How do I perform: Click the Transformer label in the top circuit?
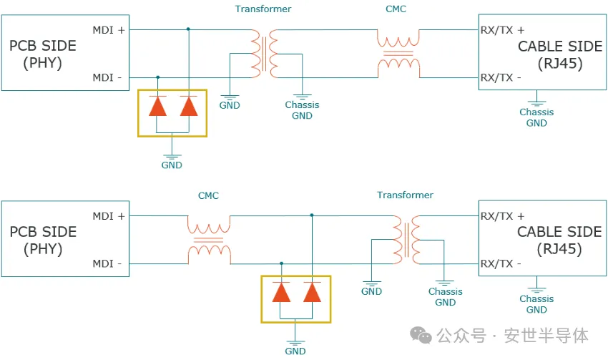point(263,9)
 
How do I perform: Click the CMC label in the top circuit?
point(398,9)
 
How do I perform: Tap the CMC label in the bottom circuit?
point(208,195)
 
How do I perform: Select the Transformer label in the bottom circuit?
point(405,195)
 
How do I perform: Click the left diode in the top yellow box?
point(157,106)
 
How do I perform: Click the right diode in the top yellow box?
point(188,106)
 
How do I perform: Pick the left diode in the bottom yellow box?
point(281,293)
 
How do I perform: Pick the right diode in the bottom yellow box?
point(312,293)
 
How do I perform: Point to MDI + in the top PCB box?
point(108,30)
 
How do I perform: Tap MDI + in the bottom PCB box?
point(108,216)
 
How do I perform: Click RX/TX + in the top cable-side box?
point(502,30)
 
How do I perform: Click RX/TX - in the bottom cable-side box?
point(501,263)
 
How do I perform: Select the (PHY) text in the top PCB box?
point(43,63)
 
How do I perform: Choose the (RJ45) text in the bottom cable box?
point(559,250)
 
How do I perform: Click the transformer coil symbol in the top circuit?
point(265,54)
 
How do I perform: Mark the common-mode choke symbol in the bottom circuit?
point(209,239)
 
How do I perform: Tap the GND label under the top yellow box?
point(172,165)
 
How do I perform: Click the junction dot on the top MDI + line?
point(188,29)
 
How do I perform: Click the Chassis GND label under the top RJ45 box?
point(536,117)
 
